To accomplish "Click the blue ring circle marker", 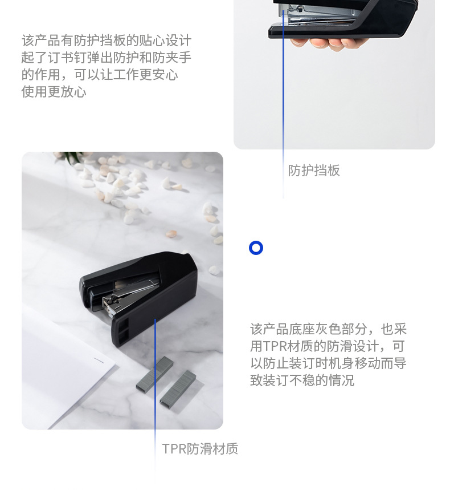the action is (256, 242).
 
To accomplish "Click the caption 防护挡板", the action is (314, 171).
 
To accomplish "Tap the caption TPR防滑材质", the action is (200, 449).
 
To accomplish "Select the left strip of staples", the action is (154, 374).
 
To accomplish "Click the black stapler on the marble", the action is (138, 298).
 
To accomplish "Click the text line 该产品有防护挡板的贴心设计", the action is (107, 41).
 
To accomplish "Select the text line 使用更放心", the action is (54, 92).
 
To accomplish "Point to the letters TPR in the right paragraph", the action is (275, 346).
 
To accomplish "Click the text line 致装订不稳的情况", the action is (302, 380).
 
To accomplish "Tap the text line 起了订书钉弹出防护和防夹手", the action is (107, 58).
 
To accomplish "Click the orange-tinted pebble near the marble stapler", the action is (171, 233).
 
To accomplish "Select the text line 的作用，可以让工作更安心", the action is (100, 75).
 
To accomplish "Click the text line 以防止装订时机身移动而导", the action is (328, 363).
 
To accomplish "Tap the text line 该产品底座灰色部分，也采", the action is (328, 329).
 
